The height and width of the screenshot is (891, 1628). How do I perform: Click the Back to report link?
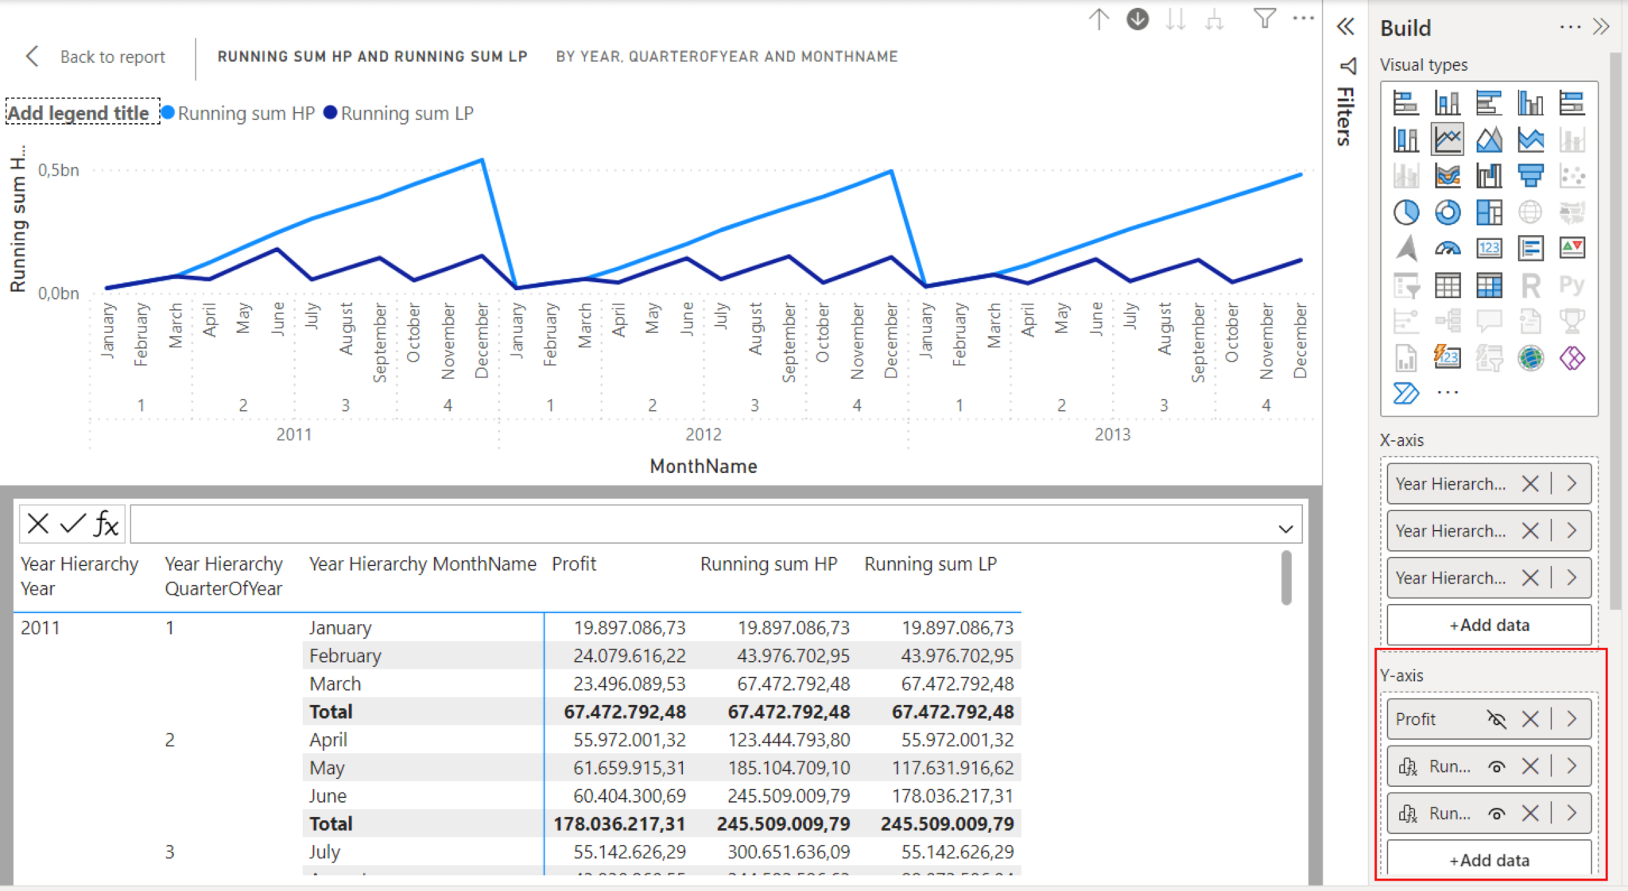pyautogui.click(x=111, y=57)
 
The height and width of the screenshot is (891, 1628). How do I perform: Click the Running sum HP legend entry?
pyautogui.click(x=246, y=114)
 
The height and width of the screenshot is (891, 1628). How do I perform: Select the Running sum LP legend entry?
pyautogui.click(x=406, y=114)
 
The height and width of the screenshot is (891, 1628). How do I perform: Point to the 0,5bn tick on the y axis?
pyautogui.click(x=59, y=170)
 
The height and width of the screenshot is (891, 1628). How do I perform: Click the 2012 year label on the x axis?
pyautogui.click(x=703, y=435)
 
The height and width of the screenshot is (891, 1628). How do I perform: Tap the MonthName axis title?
pyautogui.click(x=703, y=467)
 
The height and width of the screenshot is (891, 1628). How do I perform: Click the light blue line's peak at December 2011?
pyautogui.click(x=482, y=161)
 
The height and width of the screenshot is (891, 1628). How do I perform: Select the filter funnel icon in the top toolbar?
pyautogui.click(x=1264, y=18)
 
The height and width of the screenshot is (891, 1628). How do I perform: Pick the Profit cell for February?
pyautogui.click(x=629, y=656)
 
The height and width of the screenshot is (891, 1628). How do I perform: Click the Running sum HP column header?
pyautogui.click(x=768, y=564)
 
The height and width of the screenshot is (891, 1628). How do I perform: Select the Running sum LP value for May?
pyautogui.click(x=956, y=768)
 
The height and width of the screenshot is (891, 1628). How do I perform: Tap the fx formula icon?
pyautogui.click(x=107, y=524)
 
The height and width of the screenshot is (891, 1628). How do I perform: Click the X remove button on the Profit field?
pyautogui.click(x=1529, y=719)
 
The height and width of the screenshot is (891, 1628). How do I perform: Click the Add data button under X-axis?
pyautogui.click(x=1489, y=626)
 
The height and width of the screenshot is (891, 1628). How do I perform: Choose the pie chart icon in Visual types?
pyautogui.click(x=1405, y=212)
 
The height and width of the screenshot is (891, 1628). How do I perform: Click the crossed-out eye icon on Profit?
pyautogui.click(x=1496, y=719)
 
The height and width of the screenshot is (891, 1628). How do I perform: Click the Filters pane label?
pyautogui.click(x=1344, y=116)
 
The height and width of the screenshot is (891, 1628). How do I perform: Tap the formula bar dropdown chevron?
pyautogui.click(x=1285, y=529)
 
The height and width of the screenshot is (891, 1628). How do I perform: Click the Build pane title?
pyautogui.click(x=1405, y=29)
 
